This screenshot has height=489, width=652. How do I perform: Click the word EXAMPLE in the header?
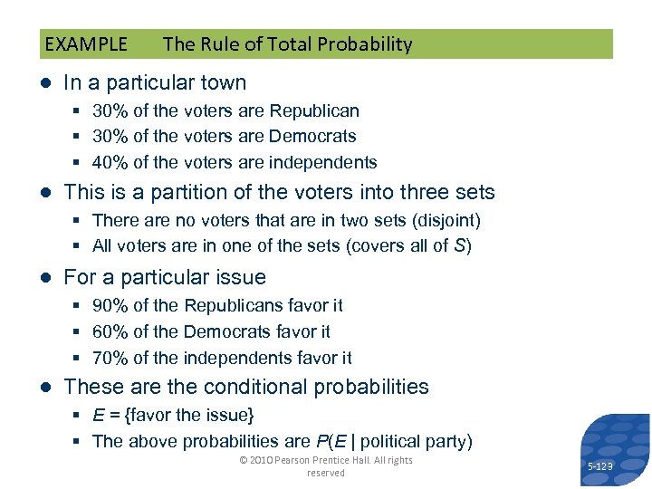pos(86,44)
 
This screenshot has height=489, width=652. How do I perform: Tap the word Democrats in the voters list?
pos(312,137)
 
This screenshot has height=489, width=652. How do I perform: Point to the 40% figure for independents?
pos(110,163)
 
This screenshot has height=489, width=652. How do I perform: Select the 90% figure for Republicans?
pos(110,306)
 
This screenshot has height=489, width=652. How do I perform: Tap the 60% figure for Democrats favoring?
pos(110,331)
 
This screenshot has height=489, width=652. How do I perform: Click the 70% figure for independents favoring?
pos(110,358)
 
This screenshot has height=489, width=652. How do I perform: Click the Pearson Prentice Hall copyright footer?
pos(325,465)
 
